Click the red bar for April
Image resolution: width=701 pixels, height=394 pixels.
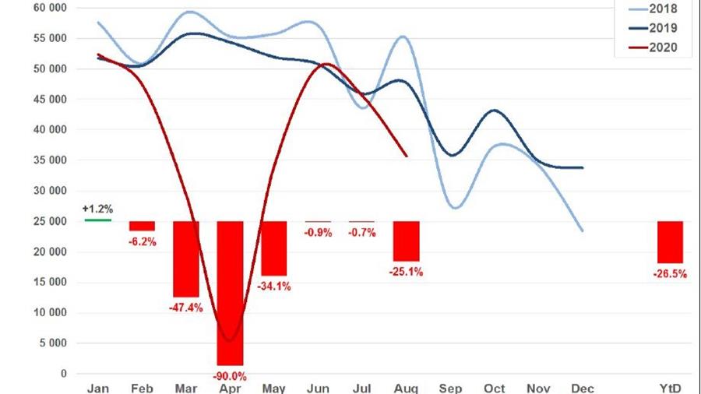(230, 293)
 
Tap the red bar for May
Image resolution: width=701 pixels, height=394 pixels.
(273, 248)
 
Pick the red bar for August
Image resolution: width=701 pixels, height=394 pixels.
(406, 241)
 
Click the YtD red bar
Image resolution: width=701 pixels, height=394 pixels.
(670, 242)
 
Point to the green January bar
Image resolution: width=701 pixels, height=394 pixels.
(97, 220)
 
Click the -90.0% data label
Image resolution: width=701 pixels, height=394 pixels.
(230, 375)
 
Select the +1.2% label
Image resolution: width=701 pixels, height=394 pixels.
(97, 209)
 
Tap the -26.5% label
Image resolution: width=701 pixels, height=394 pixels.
(670, 273)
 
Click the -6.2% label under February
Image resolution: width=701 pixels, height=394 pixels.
(143, 241)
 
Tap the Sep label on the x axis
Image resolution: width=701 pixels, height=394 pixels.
(450, 388)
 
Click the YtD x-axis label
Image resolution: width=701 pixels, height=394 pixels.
(670, 388)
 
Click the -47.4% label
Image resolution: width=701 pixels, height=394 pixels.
(185, 307)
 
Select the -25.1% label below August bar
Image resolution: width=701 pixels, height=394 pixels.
(406, 272)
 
